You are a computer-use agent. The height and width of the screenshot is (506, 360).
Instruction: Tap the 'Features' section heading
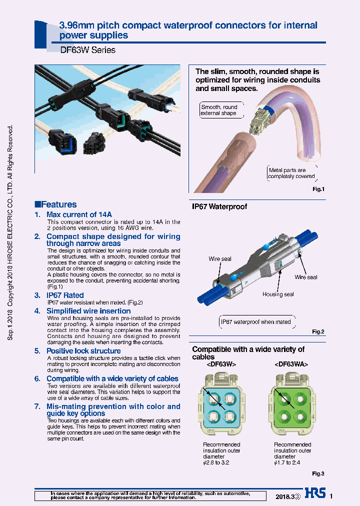(55, 204)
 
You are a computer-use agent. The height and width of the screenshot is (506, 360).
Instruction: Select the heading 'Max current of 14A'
(79, 214)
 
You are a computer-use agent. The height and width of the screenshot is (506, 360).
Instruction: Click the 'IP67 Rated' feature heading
(65, 295)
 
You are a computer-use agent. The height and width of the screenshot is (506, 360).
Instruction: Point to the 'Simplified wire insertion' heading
(88, 311)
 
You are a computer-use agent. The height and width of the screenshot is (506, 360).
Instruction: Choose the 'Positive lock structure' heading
(83, 351)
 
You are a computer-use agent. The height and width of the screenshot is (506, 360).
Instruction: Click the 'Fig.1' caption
(318, 189)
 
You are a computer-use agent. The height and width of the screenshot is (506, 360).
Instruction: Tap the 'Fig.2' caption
(318, 331)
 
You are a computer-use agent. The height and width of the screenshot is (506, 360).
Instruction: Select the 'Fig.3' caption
(318, 473)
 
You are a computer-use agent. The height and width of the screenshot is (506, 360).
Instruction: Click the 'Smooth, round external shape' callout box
(219, 110)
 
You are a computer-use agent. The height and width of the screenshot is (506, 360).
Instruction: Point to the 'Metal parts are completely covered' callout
(291, 173)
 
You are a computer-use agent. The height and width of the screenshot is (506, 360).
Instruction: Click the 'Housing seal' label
(278, 294)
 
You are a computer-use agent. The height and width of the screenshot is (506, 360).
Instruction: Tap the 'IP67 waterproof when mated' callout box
(255, 322)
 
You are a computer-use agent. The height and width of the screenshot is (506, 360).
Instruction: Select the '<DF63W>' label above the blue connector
(220, 365)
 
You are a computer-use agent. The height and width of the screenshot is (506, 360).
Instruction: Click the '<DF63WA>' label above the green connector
(291, 365)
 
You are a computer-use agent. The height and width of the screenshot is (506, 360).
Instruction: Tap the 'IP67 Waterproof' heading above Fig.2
(219, 206)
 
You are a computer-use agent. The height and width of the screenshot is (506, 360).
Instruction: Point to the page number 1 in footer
(331, 496)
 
